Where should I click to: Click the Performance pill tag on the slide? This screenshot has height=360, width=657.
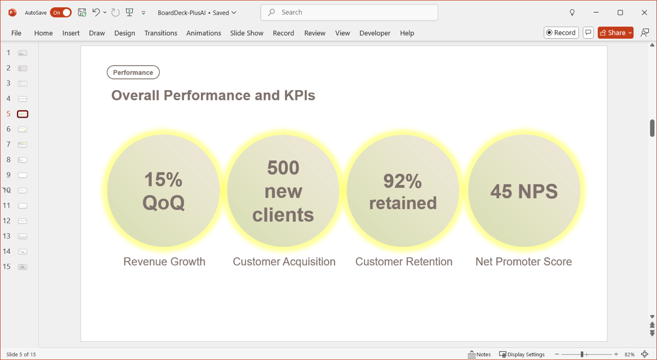pyautogui.click(x=133, y=72)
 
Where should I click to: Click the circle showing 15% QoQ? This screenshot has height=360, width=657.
pyautogui.click(x=163, y=191)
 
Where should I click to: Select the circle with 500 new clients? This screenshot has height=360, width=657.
pyautogui.click(x=283, y=191)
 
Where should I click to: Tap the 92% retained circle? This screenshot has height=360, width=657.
pyautogui.click(x=403, y=191)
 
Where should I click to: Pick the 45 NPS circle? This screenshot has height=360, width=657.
pyautogui.click(x=524, y=191)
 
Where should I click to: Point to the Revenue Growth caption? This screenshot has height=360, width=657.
pyautogui.click(x=164, y=262)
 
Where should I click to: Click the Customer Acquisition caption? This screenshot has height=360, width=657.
pyautogui.click(x=284, y=262)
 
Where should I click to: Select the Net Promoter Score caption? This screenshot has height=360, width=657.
pyautogui.click(x=523, y=262)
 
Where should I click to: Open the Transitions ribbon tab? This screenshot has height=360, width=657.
pyautogui.click(x=161, y=33)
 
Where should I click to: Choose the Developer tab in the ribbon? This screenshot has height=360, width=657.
pyautogui.click(x=375, y=33)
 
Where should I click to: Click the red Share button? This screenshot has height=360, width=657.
pyautogui.click(x=615, y=32)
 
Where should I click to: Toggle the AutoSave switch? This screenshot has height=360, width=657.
pyautogui.click(x=61, y=13)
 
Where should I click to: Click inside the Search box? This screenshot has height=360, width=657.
pyautogui.click(x=349, y=13)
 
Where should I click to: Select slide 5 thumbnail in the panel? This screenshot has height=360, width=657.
pyautogui.click(x=22, y=114)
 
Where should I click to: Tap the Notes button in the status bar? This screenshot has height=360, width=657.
pyautogui.click(x=479, y=355)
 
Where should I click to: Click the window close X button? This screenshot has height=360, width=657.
pyautogui.click(x=644, y=13)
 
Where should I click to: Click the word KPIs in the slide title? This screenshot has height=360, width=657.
pyautogui.click(x=299, y=95)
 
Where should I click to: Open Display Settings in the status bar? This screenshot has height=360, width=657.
pyautogui.click(x=522, y=355)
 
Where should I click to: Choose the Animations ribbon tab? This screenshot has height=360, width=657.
pyautogui.click(x=204, y=33)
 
